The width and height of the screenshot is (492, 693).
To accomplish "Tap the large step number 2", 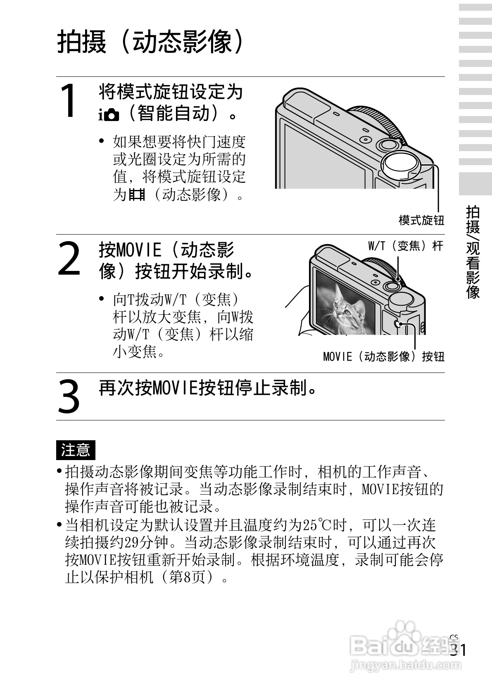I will (x=69, y=259).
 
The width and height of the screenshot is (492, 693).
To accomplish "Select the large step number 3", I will (x=69, y=396).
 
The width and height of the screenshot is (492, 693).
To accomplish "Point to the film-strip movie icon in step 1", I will (x=137, y=194).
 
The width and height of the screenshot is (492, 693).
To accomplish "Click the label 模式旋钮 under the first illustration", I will (x=421, y=220).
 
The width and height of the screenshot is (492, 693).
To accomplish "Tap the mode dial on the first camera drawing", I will (x=400, y=165).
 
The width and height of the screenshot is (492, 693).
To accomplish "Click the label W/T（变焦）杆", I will (x=405, y=247).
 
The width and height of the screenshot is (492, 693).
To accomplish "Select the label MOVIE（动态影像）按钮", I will (x=383, y=356).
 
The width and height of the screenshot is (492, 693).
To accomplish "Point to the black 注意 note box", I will (x=75, y=450).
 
